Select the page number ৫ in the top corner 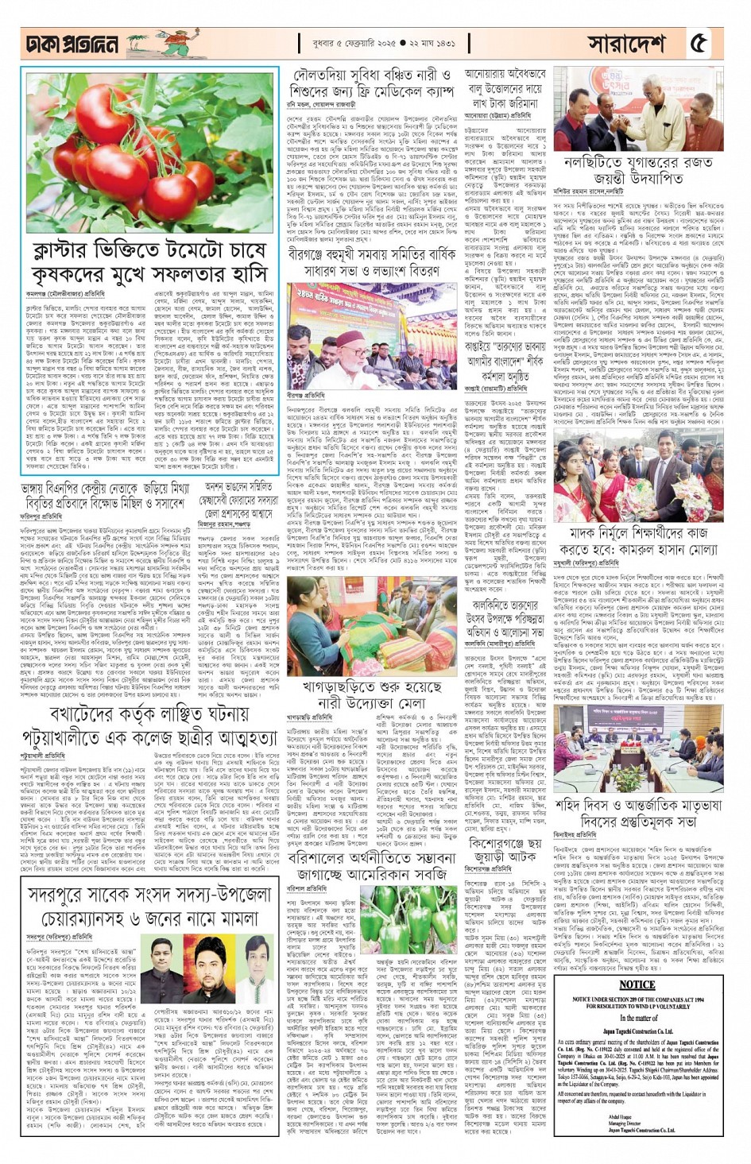tap(699, 44)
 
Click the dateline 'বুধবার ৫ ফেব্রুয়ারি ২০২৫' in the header tap(350, 43)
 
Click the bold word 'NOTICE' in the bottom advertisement tap(637, 984)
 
